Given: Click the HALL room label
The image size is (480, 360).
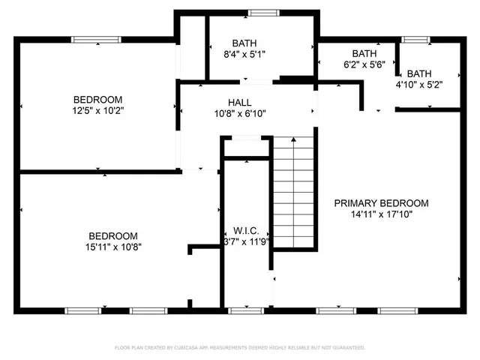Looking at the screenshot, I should [240, 102].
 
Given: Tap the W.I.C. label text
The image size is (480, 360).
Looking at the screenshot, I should [245, 230].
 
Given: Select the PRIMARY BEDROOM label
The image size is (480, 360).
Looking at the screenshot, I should [381, 202].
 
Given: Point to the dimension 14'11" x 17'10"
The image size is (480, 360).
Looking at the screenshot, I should [381, 214].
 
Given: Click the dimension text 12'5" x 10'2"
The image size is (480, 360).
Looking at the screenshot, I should [97, 111].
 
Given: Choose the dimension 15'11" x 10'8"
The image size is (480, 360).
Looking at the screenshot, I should [113, 246].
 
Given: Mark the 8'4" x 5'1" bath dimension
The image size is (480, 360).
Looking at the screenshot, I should [244, 54].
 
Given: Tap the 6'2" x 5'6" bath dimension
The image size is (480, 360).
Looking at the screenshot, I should [364, 65].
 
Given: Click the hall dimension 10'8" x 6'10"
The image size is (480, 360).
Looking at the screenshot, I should [240, 114].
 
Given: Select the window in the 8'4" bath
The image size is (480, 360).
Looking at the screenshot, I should [262, 12].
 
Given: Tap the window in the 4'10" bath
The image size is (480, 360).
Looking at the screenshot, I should [415, 40].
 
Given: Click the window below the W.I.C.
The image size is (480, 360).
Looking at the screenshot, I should [241, 310].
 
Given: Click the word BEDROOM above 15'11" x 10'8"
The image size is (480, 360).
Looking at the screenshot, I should [113, 235].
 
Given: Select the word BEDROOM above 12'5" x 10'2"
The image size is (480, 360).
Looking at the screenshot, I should [97, 100].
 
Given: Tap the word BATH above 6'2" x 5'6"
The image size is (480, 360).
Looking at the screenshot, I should [364, 54].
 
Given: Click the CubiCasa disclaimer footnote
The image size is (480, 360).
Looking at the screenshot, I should [240, 348].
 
